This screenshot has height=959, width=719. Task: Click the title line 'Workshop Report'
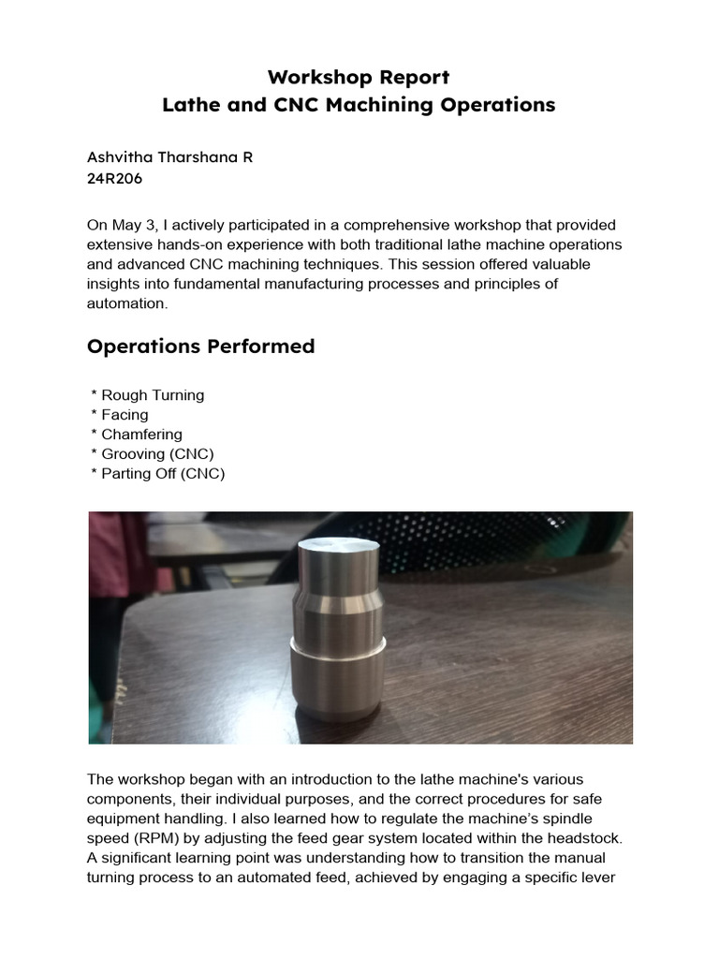click(359, 77)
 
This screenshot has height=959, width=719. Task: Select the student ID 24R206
click(114, 178)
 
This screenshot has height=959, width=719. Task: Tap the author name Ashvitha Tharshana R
click(169, 157)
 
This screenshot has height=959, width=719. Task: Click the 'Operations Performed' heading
click(200, 347)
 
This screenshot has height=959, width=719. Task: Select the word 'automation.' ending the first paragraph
click(127, 304)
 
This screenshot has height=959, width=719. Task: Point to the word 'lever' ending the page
click(597, 878)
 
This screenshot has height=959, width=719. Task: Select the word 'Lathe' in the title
click(188, 105)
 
